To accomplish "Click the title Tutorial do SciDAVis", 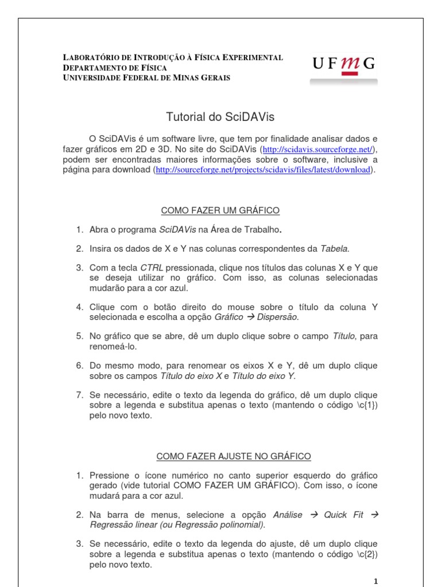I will (220, 117).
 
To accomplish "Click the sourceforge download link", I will (264, 170).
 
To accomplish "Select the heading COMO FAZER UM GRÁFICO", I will (220, 211).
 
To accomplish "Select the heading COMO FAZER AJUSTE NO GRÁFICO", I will (234, 456).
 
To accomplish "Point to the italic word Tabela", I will (334, 248).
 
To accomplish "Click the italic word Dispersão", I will (278, 316).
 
